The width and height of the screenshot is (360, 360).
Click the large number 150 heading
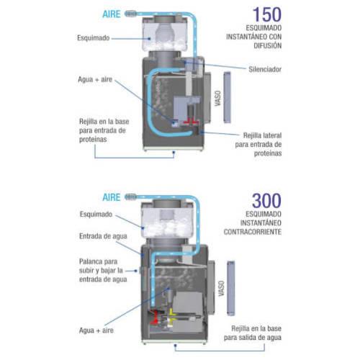267,14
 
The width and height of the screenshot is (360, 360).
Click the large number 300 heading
266,201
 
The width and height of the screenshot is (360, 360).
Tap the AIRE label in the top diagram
112,14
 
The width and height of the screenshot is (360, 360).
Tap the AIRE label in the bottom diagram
112,197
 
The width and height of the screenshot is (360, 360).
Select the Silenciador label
265,69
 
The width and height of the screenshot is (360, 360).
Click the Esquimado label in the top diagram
94,38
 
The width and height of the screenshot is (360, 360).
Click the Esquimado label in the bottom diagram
96,214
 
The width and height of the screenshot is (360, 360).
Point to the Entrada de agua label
103,236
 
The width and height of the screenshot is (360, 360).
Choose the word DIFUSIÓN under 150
268,45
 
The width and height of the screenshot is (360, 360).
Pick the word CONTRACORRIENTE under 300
253,232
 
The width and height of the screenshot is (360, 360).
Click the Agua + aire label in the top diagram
95,79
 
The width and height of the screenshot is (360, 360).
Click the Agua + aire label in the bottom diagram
96,330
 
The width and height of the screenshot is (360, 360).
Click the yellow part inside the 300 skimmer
172,315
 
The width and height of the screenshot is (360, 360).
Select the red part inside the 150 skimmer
191,122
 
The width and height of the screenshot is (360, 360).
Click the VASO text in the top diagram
217,98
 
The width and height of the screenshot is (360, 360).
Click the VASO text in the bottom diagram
221,288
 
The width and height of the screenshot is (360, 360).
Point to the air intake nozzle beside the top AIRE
130,14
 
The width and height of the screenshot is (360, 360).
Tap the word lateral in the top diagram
273,135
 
